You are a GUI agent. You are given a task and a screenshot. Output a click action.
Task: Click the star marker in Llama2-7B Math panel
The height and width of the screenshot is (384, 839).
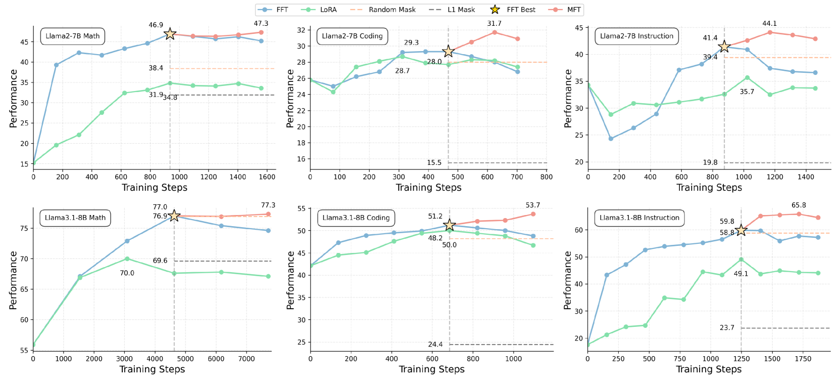(x=170, y=34)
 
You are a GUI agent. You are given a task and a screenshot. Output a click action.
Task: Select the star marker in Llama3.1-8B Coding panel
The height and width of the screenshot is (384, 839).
(x=449, y=225)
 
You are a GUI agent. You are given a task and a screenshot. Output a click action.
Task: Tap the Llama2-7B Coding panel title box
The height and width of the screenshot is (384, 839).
(x=352, y=36)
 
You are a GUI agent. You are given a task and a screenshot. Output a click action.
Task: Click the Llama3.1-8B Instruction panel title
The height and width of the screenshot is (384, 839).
(x=639, y=218)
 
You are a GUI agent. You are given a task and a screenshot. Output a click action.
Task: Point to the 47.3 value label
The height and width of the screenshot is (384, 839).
(x=261, y=23)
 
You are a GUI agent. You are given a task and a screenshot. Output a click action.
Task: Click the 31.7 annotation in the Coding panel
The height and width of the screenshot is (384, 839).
(x=494, y=23)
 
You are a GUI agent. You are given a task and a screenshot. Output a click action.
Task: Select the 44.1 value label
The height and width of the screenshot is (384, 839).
(x=769, y=23)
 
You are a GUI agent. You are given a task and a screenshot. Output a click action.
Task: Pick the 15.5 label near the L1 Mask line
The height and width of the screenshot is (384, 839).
(x=434, y=162)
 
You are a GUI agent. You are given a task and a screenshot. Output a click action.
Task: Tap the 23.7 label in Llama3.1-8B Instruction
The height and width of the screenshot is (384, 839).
(x=727, y=328)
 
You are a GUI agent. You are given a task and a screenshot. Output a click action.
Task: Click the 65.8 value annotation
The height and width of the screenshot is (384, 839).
(x=799, y=205)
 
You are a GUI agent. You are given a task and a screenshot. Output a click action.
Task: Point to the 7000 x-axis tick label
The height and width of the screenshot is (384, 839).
(x=246, y=359)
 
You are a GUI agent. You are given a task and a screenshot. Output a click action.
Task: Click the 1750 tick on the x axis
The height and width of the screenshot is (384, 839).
(x=803, y=359)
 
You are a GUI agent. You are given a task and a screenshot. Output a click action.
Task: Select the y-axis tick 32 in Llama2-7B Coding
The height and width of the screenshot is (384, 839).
(x=301, y=30)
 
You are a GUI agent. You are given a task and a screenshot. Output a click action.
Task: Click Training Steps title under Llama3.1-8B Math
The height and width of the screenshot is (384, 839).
(x=152, y=369)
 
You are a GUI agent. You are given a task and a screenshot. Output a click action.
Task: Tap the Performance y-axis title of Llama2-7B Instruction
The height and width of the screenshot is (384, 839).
(x=568, y=98)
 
